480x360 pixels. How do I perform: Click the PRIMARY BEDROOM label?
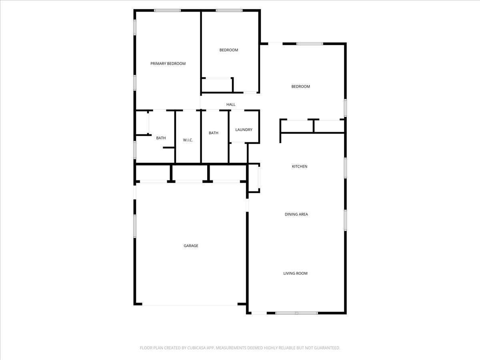click(168, 64)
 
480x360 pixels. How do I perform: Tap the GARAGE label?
click(191, 246)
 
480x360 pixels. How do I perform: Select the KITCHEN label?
click(299, 166)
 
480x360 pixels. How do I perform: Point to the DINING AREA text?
click(296, 214)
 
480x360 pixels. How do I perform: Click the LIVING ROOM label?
click(295, 274)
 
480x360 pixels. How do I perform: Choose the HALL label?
click(231, 104)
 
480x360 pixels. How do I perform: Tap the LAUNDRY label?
click(244, 130)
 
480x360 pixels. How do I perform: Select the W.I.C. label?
click(188, 140)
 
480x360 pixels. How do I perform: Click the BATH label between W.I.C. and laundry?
click(214, 133)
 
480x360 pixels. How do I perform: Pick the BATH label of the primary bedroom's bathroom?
click(161, 138)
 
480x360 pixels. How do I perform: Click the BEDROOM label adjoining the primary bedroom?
click(228, 50)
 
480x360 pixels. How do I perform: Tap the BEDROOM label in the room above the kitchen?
click(300, 86)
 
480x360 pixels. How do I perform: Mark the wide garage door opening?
click(190, 305)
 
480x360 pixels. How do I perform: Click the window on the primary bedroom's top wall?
click(167, 10)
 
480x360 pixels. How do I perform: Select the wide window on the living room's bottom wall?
click(296, 313)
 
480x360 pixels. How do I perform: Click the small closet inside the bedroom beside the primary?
click(217, 85)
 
